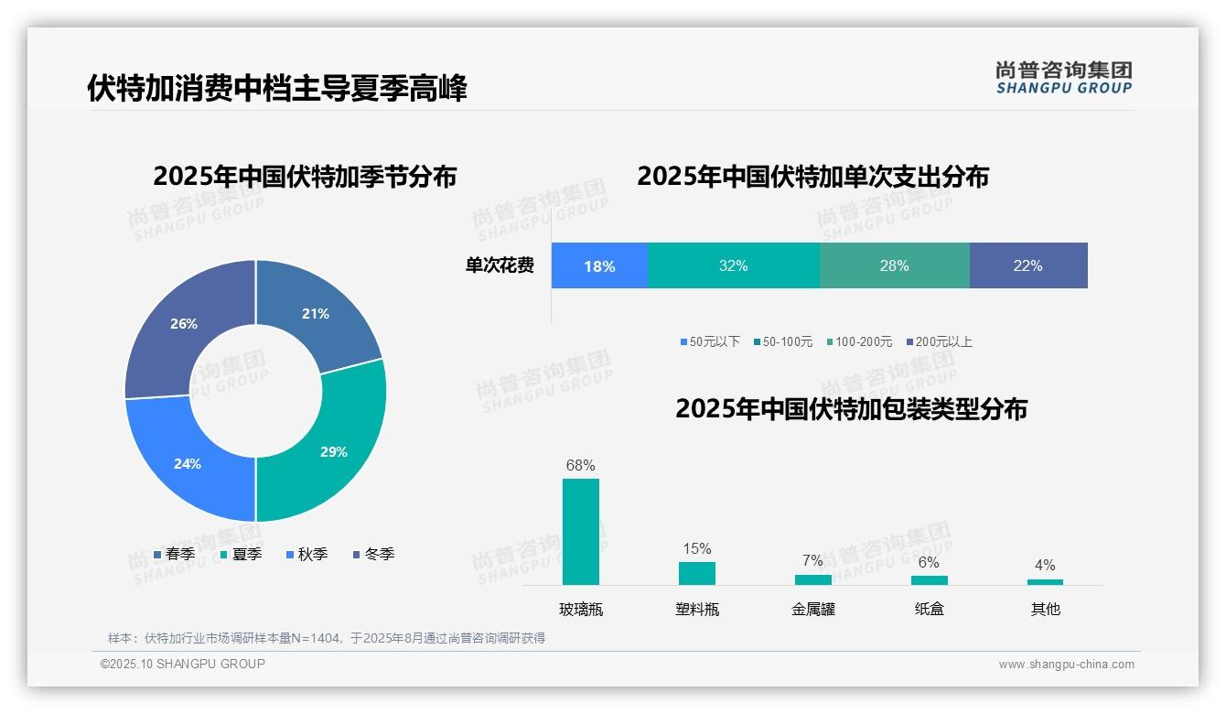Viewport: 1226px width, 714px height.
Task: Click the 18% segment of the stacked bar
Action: [x=599, y=266]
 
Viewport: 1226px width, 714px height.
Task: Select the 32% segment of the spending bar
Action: [x=733, y=265]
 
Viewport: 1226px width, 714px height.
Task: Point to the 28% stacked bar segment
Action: [x=894, y=265]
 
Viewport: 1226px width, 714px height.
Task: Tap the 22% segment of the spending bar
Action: [x=1027, y=265]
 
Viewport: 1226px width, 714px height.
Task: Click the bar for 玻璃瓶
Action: [x=581, y=532]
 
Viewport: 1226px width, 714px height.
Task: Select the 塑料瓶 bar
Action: [x=696, y=573]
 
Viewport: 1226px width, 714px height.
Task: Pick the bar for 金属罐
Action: [x=812, y=579]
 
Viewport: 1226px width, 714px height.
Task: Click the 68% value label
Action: [x=580, y=465]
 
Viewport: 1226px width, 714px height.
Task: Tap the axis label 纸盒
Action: [x=929, y=609]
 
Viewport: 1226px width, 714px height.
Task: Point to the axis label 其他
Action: [x=1045, y=609]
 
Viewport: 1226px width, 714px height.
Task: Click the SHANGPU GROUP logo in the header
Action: [x=1063, y=78]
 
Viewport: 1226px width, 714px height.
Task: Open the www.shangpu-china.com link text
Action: [x=1066, y=665]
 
